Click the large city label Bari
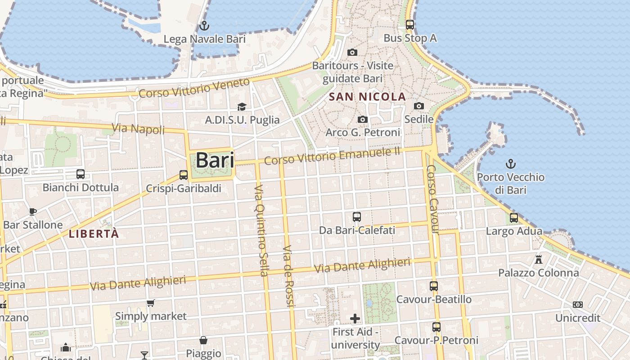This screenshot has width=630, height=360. point(215,160)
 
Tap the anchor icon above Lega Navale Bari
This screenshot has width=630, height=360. point(204,25)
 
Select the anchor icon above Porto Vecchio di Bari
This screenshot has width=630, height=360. point(510,164)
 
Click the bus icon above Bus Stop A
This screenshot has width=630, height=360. point(410,25)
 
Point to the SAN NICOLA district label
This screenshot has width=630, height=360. point(367,97)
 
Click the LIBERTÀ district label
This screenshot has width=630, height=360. point(94,234)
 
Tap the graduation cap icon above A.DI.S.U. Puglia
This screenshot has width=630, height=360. point(242,107)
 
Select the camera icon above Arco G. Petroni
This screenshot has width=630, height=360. point(363,119)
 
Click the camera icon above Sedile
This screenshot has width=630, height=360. point(419,106)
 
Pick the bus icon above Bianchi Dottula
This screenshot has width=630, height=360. point(81,174)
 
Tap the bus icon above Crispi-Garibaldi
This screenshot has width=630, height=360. point(184,175)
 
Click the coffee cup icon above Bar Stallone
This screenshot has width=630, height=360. point(33,211)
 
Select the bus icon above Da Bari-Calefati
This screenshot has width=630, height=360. point(357,217)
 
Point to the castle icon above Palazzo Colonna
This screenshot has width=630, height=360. point(538,259)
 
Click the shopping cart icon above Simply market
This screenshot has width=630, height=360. point(151,303)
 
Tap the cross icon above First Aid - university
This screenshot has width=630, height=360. point(355,319)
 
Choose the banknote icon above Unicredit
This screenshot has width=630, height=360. point(578,305)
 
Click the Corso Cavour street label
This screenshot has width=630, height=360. point(432,199)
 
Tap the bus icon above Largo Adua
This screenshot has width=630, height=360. point(514,218)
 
